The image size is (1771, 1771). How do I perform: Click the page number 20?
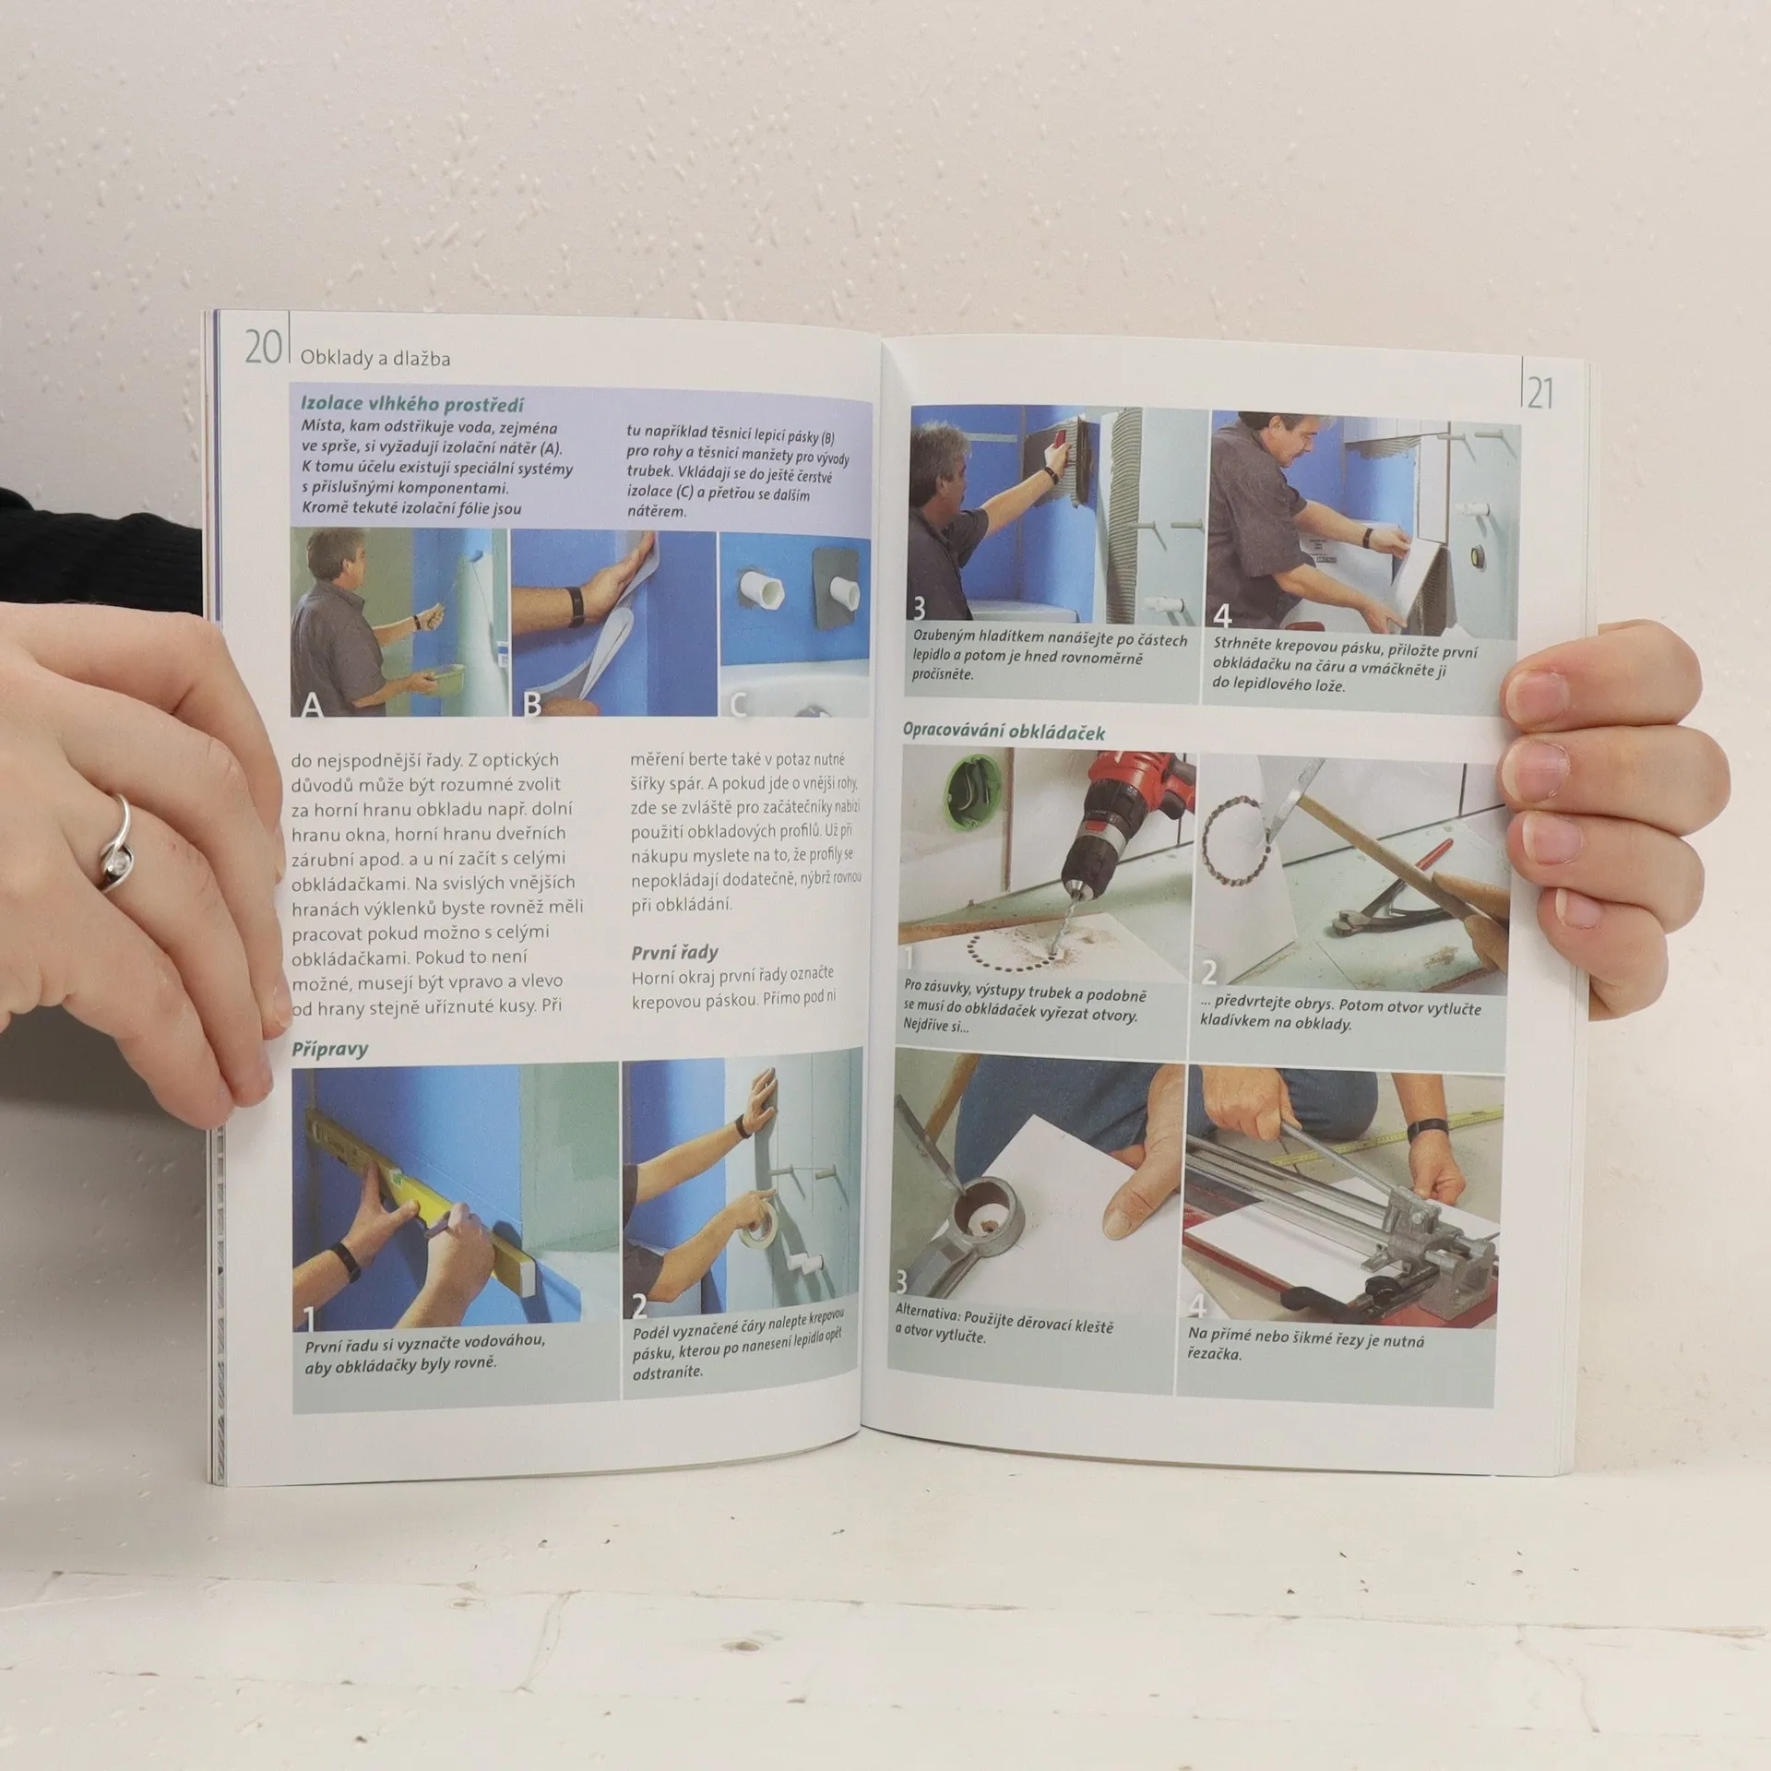pos(262,348)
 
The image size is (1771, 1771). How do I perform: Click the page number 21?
pos(1539,394)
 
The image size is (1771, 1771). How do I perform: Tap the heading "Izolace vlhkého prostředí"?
pos(412,404)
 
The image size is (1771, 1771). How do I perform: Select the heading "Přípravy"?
pos(329,1049)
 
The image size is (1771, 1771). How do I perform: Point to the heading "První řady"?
pos(674,953)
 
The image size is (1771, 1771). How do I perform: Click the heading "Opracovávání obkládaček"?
pos(1004,731)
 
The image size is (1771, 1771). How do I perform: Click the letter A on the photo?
pos(312,705)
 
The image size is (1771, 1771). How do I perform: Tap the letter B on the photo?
pos(531,705)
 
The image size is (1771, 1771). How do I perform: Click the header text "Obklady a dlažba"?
pos(375,358)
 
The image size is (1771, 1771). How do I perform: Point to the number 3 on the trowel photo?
pos(919,610)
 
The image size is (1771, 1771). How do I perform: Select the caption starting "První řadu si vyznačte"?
pos(423,1352)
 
